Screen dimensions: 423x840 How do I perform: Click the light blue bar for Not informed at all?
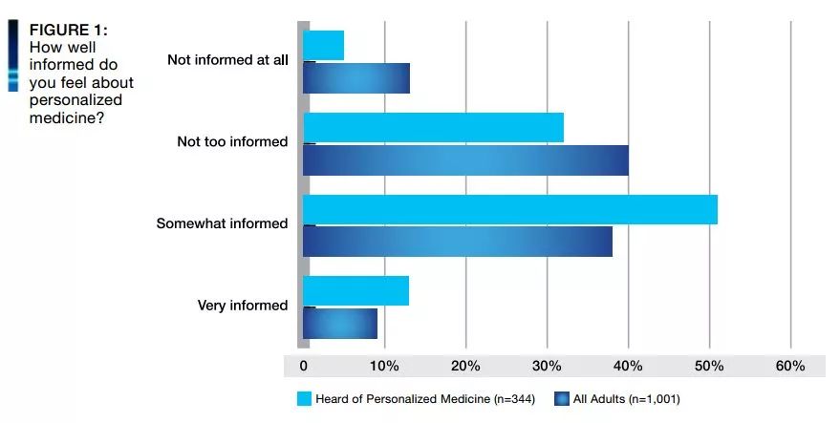323,45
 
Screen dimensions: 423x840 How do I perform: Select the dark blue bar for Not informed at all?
356,77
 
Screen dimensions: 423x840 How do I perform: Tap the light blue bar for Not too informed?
433,127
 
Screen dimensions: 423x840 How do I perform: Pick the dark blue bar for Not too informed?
465,160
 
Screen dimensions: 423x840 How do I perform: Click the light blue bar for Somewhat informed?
510,209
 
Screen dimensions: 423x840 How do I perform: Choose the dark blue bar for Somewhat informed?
458,242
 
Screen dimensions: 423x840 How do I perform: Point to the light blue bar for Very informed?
355,291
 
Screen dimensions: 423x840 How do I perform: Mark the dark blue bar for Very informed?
340,324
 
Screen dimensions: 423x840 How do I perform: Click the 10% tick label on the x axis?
384,366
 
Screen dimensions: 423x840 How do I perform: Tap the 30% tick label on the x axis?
547,366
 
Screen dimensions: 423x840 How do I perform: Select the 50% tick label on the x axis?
709,366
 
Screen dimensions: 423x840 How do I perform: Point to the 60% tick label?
790,366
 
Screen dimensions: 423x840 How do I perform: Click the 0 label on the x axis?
304,366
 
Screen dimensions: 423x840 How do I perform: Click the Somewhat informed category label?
222,223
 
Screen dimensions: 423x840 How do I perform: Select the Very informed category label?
242,306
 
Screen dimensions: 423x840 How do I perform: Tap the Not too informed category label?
232,141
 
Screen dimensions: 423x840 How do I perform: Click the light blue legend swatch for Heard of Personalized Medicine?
305,398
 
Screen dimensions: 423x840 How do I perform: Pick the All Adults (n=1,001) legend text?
626,398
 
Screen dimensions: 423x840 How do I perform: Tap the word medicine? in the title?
67,117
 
